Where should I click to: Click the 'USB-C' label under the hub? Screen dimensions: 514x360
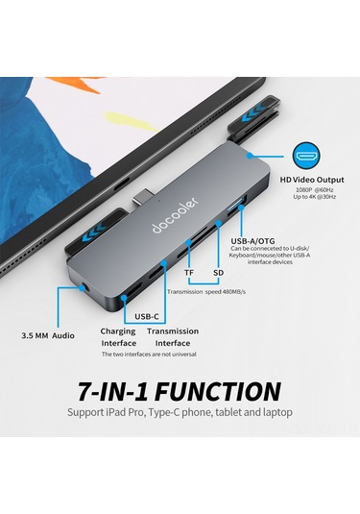(147, 315)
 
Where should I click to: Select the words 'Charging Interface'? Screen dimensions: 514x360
(118, 336)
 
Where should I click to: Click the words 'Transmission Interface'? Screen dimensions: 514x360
(173, 336)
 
